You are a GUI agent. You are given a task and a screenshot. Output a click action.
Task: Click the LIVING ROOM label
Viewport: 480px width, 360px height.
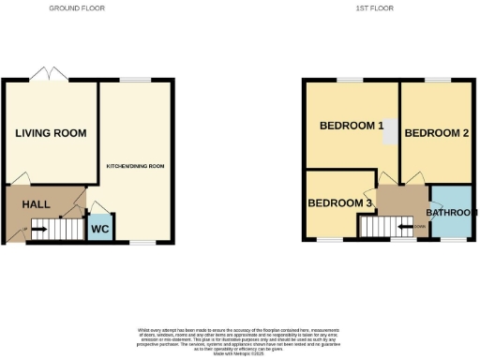coord(51,133)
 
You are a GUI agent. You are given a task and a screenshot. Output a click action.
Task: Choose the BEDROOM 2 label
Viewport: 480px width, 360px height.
coord(436,133)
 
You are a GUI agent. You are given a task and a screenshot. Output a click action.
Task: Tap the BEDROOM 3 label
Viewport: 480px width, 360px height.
coord(341,203)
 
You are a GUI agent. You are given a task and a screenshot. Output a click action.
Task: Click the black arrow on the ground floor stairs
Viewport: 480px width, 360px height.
coord(28,227)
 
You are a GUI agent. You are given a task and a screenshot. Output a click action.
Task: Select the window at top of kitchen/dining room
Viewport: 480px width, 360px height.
coord(136,82)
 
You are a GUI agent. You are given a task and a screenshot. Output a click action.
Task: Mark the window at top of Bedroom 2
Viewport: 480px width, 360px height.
coord(434,82)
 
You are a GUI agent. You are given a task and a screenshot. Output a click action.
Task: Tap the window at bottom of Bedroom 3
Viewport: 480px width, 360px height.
coord(328,240)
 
